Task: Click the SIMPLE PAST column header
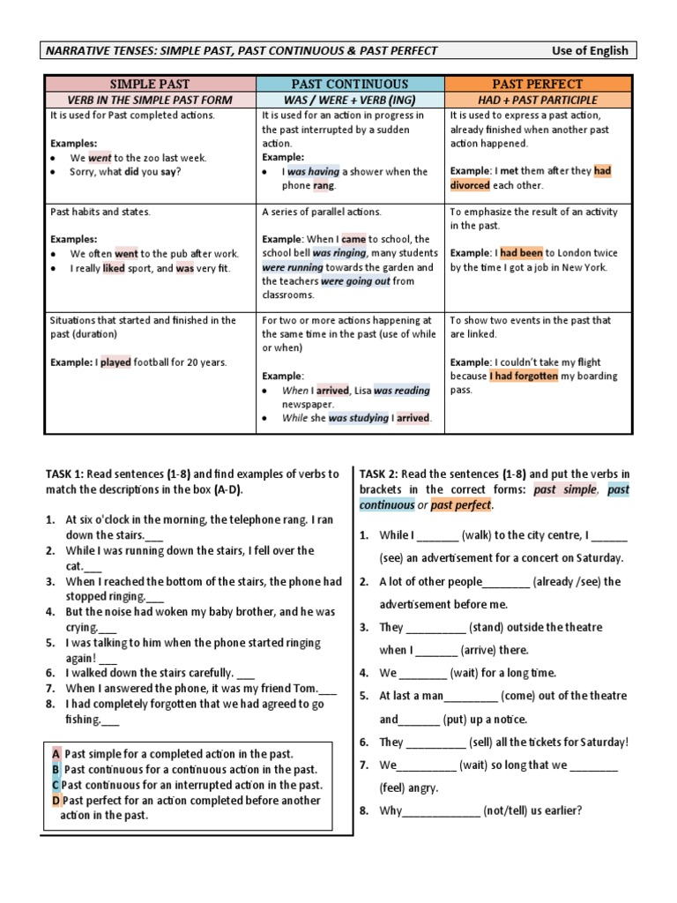click(x=149, y=84)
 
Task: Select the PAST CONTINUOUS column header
click(x=350, y=84)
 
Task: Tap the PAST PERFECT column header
click(x=538, y=84)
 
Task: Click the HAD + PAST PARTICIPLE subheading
click(x=538, y=100)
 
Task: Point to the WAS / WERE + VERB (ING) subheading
click(x=350, y=100)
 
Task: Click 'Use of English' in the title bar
click(x=590, y=50)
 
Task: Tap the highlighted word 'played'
click(x=115, y=362)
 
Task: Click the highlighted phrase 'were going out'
click(x=356, y=281)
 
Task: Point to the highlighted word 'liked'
click(x=114, y=268)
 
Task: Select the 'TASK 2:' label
click(x=381, y=474)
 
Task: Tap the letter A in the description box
click(x=56, y=755)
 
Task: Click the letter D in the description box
click(x=56, y=801)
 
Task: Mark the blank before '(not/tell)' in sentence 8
click(x=441, y=810)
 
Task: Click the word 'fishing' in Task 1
click(x=83, y=719)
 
